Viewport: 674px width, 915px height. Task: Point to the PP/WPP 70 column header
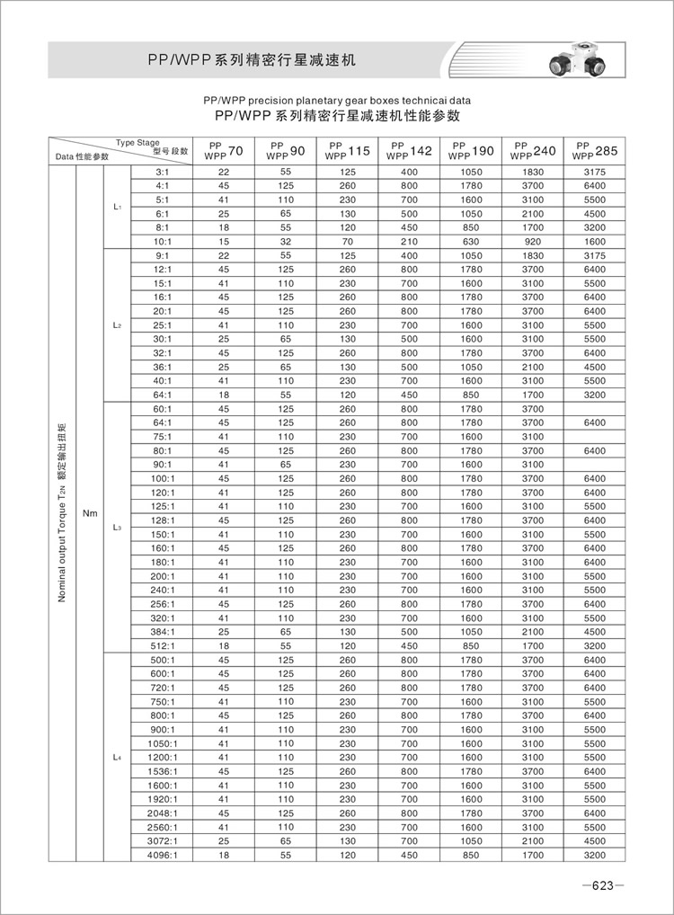click(x=224, y=151)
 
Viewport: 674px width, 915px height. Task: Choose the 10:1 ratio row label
click(x=163, y=241)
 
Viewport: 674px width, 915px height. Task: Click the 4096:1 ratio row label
click(x=163, y=855)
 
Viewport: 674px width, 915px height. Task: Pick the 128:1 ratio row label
click(x=163, y=520)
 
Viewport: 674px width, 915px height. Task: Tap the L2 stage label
click(x=119, y=325)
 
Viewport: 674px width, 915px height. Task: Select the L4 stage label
click(x=119, y=758)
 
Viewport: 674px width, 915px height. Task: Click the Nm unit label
click(x=89, y=513)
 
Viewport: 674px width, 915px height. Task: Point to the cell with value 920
click(x=533, y=241)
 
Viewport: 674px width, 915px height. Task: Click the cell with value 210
click(x=410, y=241)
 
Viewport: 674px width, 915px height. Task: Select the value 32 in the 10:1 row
click(x=286, y=241)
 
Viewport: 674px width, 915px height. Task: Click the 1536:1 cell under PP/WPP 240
click(x=533, y=771)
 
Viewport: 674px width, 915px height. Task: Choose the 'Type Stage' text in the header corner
click(x=137, y=142)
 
